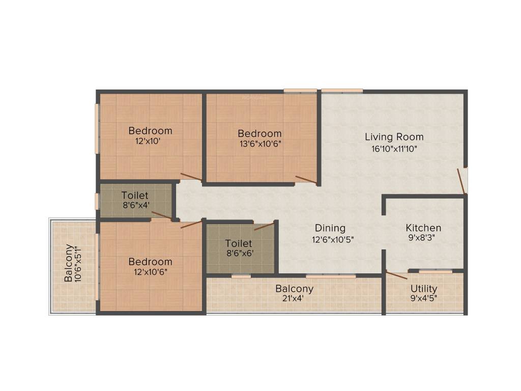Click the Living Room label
point(394,137)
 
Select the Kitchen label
point(423,228)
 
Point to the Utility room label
point(424,289)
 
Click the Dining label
point(330,228)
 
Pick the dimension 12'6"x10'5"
point(333,240)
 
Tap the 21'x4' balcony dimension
point(294,299)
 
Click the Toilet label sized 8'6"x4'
point(135,195)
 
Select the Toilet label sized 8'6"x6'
point(239,243)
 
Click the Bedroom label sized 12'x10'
point(150,131)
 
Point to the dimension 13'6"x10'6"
point(259,144)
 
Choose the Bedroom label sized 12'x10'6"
point(150,262)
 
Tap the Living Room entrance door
point(461,181)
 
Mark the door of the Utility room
point(397,275)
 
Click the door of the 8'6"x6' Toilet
point(264,226)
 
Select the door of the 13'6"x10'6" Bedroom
point(306,179)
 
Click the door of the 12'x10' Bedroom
point(191,177)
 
